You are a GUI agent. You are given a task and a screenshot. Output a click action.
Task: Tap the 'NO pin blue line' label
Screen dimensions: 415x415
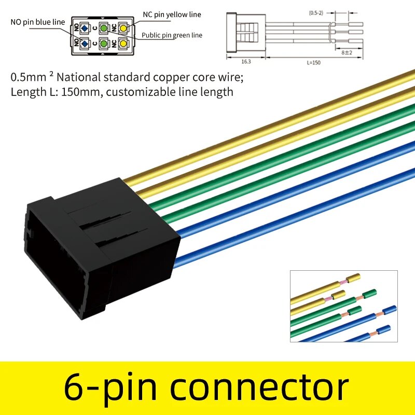pos(37,22)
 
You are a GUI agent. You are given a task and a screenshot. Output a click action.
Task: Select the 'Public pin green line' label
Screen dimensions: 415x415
pos(172,35)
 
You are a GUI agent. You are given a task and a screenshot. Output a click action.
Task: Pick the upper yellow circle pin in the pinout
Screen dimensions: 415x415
pos(123,28)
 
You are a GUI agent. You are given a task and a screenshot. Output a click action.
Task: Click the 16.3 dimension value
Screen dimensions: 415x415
pos(246,61)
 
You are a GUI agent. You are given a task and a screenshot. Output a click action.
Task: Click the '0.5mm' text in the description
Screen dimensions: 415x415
pos(25,78)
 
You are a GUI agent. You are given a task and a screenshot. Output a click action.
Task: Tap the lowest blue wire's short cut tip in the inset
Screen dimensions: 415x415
pos(383,329)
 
